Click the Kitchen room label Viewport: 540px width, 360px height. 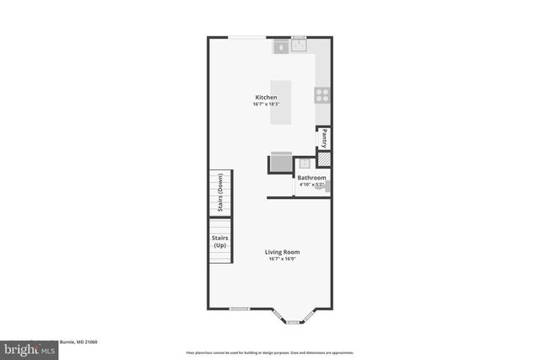pos(266,97)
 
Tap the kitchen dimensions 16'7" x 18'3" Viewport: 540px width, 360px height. pos(266,105)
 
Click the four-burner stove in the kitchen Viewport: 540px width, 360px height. pos(321,94)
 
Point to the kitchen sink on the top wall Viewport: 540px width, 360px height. pos(299,45)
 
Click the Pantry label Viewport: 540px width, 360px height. pos(324,138)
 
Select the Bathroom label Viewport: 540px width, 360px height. pos(311,178)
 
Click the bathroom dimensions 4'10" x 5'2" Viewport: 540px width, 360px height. pos(311,185)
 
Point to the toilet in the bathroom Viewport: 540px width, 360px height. pos(321,188)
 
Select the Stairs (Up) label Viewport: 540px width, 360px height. pos(220,241)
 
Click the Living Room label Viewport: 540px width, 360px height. pos(282,252)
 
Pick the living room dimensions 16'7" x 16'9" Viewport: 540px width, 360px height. pos(282,260)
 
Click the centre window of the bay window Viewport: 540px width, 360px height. pos(294,321)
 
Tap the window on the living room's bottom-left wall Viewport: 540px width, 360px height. pos(240,309)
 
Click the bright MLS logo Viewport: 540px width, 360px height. pos(26,347)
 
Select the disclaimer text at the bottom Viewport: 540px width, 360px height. pos(269,352)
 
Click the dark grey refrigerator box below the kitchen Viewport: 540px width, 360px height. pos(280,163)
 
